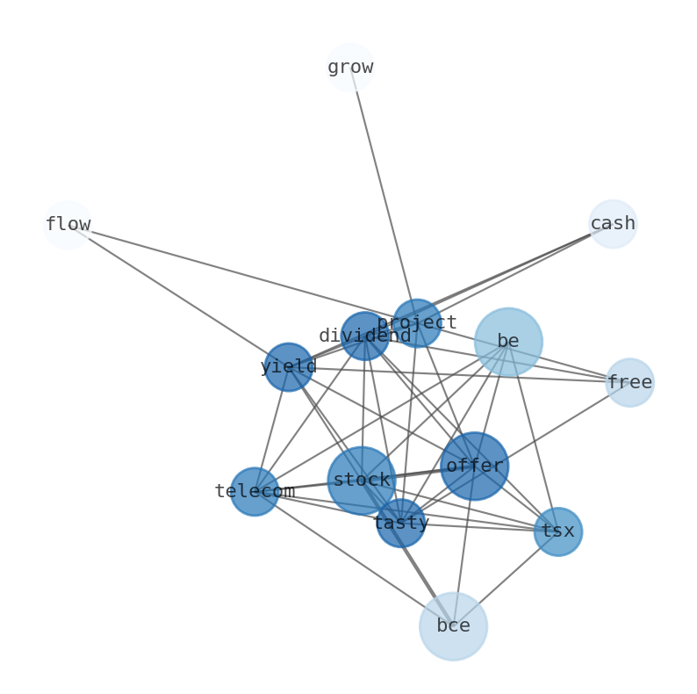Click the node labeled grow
click(x=350, y=67)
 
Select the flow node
click(x=68, y=224)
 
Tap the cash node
click(x=613, y=224)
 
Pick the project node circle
click(x=417, y=322)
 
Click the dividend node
click(x=365, y=336)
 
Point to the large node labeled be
click(x=508, y=342)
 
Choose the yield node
click(x=289, y=366)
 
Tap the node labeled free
click(x=629, y=382)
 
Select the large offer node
click(x=474, y=466)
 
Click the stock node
click(x=362, y=480)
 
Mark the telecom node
click(x=255, y=491)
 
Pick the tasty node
click(x=401, y=523)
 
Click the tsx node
click(x=557, y=531)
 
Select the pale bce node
click(x=453, y=626)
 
